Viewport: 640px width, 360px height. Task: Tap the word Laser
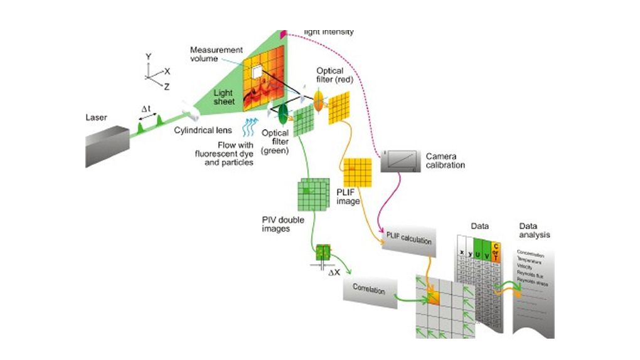[97, 117]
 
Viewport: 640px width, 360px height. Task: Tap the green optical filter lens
[284, 112]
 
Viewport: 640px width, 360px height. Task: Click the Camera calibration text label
[445, 161]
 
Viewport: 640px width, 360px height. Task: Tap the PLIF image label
[348, 197]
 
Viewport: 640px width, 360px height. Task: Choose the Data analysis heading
[534, 230]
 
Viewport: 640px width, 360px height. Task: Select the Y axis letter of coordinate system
[149, 56]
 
